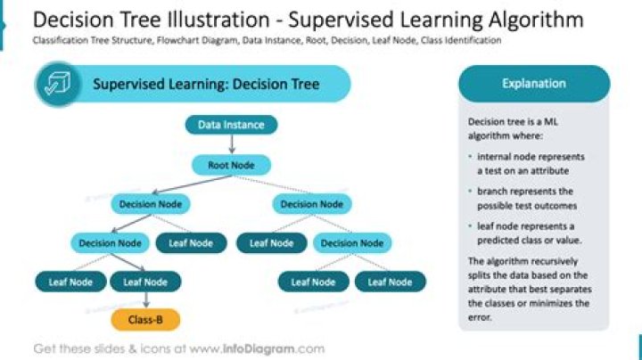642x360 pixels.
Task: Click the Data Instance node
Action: [231, 125]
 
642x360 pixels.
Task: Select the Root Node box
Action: [231, 165]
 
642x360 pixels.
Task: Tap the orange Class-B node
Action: [145, 319]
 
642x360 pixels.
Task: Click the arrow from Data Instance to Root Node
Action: [231, 144]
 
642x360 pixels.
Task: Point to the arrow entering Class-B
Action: [145, 300]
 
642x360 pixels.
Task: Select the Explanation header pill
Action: [533, 84]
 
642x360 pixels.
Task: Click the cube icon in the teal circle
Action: [58, 86]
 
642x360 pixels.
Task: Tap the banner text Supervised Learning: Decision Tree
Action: [206, 85]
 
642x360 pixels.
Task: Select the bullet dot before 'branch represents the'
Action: [471, 192]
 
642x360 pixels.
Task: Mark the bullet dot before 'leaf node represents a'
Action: [471, 226]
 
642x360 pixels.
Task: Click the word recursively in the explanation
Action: [551, 261]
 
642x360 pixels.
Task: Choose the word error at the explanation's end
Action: [480, 316]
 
